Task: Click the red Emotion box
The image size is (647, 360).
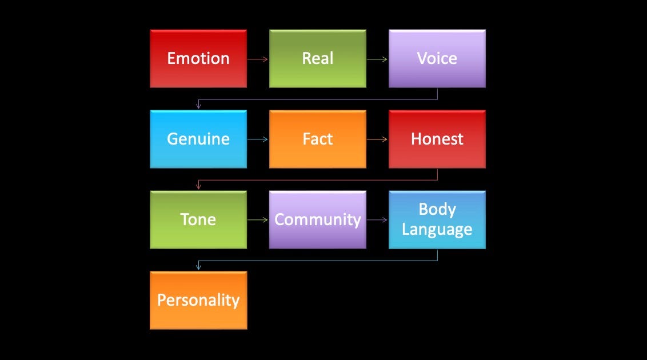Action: coord(198,59)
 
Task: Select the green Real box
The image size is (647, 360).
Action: coord(318,59)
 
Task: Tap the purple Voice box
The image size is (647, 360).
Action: coord(437,59)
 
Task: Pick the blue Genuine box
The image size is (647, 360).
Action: coord(198,139)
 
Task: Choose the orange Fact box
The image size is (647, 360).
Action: coord(318,139)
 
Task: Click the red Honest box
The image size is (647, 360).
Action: coord(437,139)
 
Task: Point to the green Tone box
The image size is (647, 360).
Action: coord(198,220)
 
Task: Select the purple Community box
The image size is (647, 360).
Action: coord(318,220)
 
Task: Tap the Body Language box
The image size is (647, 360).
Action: coord(437,220)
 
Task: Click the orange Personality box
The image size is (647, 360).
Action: coord(198,301)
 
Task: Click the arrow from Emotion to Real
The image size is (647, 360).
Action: coord(258,59)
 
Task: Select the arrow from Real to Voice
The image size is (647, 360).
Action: coord(377,59)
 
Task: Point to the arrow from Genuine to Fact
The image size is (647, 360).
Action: coord(258,139)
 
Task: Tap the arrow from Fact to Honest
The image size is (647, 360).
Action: coord(377,139)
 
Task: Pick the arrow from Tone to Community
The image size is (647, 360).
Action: coord(258,220)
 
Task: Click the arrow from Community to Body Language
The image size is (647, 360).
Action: coord(377,220)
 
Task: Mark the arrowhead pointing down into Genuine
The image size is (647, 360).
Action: coord(198,107)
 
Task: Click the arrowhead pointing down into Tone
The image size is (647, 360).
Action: coord(198,187)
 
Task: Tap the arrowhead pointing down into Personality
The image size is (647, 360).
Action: coord(198,268)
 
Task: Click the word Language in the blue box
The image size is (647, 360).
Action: coord(437,230)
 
